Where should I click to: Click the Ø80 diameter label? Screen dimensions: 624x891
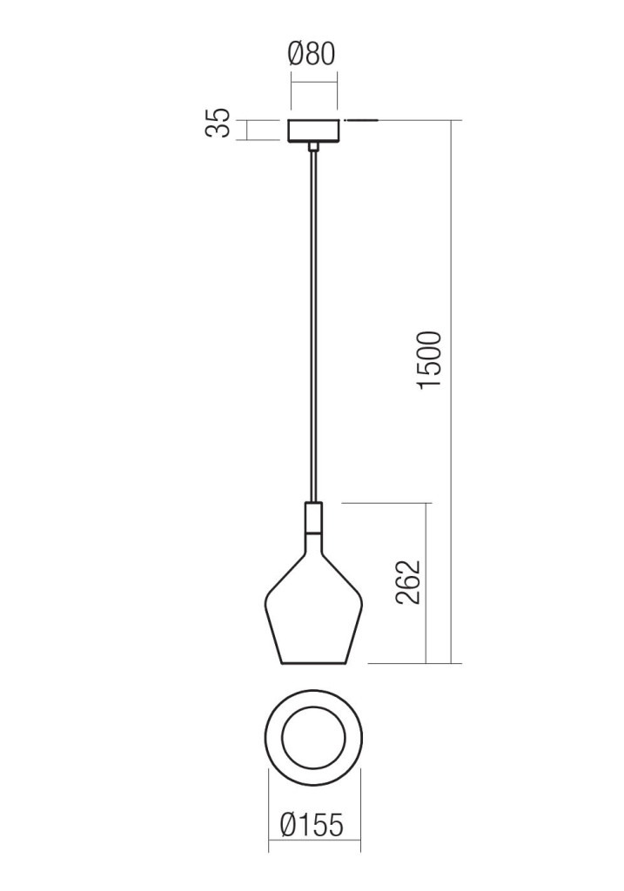[x=312, y=55]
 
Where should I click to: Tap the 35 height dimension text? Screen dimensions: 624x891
[x=218, y=122]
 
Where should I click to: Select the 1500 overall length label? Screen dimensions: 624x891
[x=429, y=360]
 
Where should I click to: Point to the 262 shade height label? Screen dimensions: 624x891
[x=409, y=582]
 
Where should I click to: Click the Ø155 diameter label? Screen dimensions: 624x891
[x=312, y=825]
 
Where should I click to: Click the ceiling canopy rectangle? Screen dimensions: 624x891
[x=313, y=131]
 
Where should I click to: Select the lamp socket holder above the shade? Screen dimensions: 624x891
[x=313, y=519]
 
